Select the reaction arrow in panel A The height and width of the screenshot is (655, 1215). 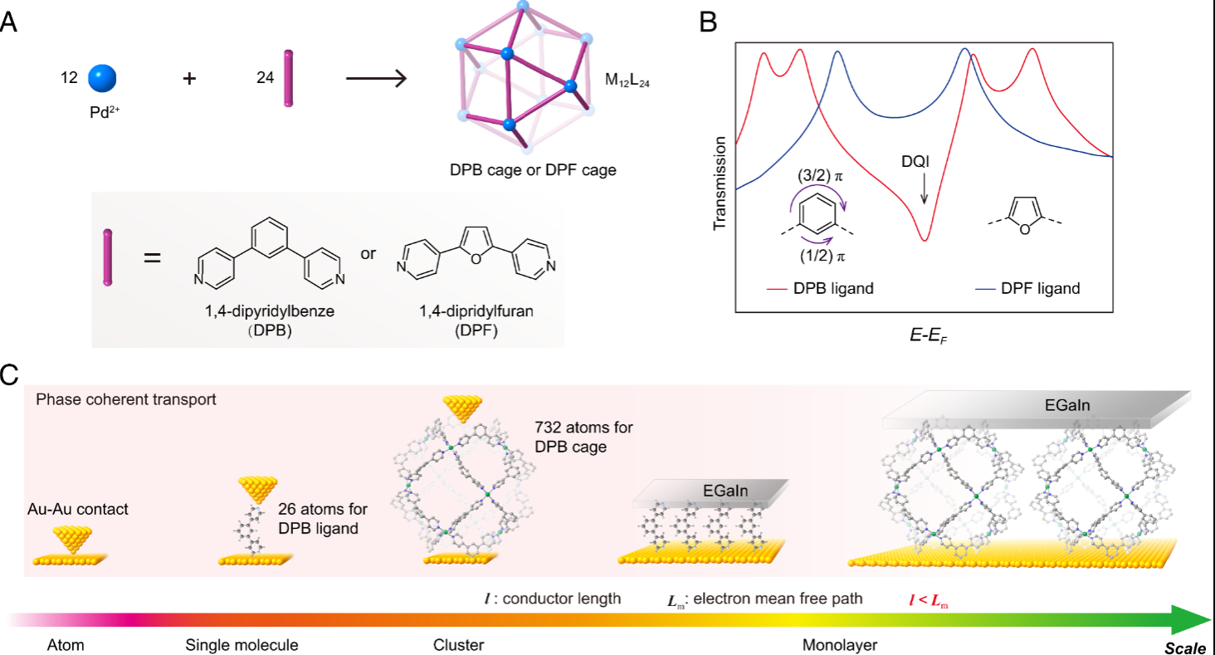[x=375, y=80]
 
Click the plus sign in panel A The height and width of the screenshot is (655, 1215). [x=190, y=80]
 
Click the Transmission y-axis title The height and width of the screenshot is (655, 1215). [x=720, y=183]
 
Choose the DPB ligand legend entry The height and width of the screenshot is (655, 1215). [x=822, y=289]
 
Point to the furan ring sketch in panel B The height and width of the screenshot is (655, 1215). [x=1024, y=218]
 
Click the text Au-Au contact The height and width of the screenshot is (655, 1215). [x=78, y=509]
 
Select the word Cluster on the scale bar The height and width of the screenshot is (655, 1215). [x=458, y=644]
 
